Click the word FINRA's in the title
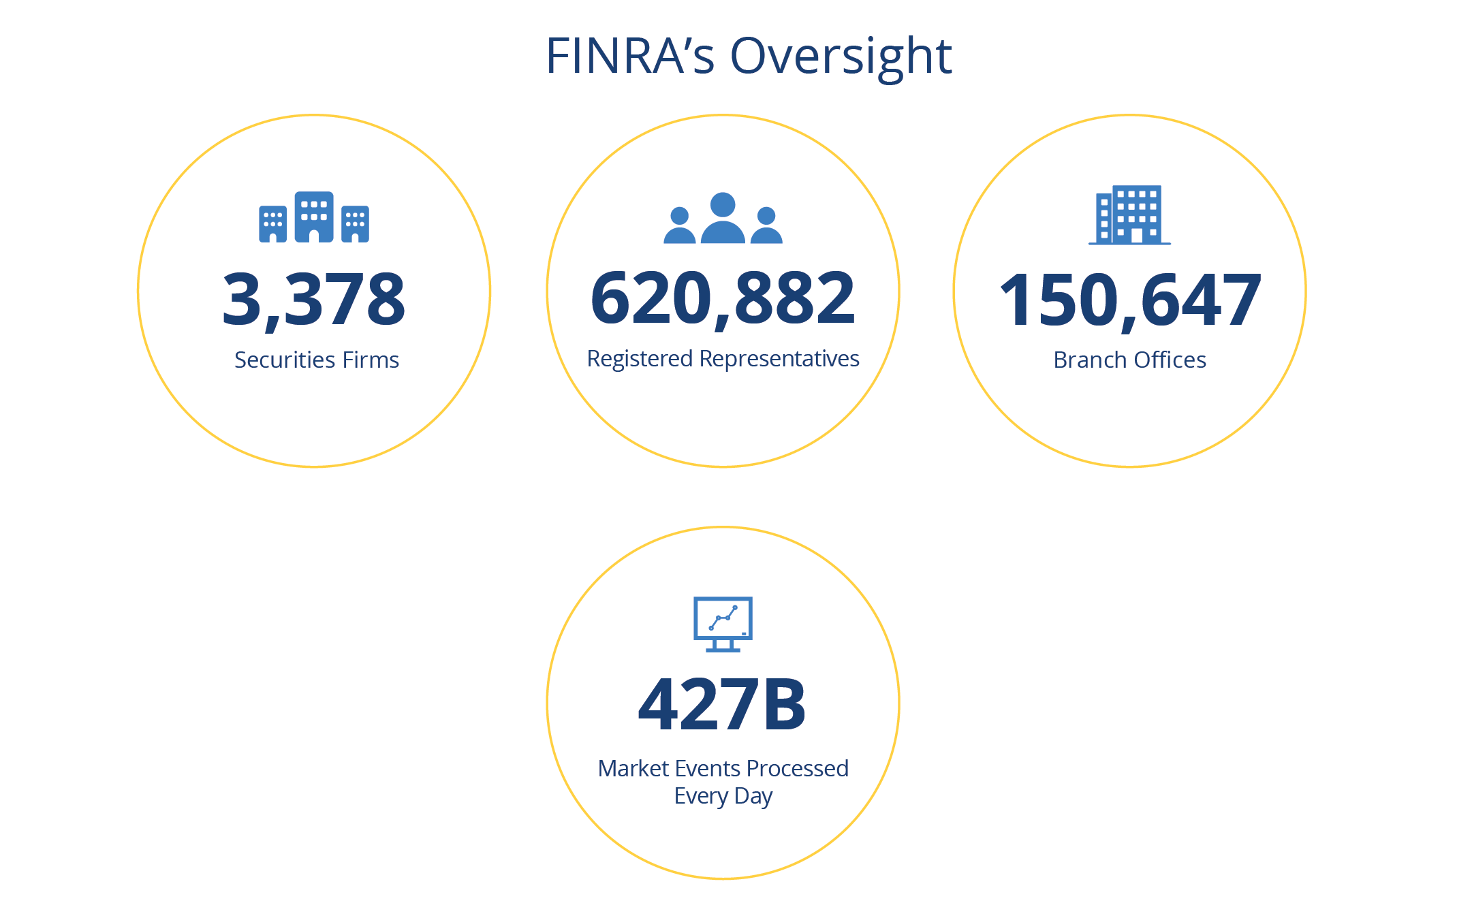pos(629,56)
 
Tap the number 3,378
pos(314,299)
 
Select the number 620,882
pos(723,298)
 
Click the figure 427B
pos(723,704)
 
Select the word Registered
pos(640,359)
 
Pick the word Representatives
pos(779,359)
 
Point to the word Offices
pos(1170,360)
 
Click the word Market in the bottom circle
pos(633,768)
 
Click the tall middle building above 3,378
pos(314,217)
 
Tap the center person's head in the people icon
pos(723,204)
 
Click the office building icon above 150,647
pos(1130,215)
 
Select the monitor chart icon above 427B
pos(723,623)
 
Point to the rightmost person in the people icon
pos(766,226)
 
